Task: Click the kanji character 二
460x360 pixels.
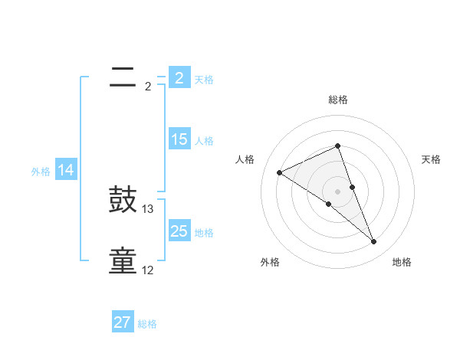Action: click(123, 77)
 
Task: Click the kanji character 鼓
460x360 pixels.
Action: click(123, 201)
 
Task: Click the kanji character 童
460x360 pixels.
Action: click(123, 261)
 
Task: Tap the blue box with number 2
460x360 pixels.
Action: click(179, 77)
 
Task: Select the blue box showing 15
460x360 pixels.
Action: click(179, 139)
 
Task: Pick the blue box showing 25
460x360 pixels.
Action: click(179, 231)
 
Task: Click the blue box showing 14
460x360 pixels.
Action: click(66, 171)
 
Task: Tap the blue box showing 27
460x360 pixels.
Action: click(123, 322)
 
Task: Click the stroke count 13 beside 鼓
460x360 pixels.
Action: click(148, 209)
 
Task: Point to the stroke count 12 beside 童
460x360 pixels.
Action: click(148, 270)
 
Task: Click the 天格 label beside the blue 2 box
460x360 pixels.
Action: click(204, 79)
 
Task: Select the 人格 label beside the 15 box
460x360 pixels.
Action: click(204, 141)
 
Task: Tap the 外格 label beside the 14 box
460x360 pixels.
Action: click(41, 172)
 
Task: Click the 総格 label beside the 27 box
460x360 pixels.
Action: click(147, 324)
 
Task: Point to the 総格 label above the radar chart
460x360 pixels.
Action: click(337, 100)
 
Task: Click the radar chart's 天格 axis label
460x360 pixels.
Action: click(431, 159)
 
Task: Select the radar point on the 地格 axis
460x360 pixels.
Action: click(374, 242)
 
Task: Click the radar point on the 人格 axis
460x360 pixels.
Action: click(279, 172)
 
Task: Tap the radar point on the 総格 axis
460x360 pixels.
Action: click(337, 146)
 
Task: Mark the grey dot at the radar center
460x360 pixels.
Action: click(337, 191)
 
